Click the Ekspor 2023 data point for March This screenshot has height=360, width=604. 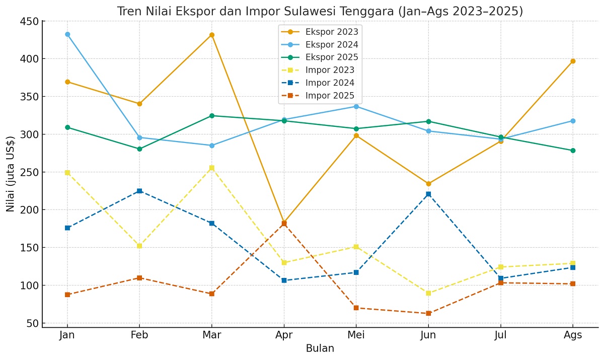(x=212, y=35)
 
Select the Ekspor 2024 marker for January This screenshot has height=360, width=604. (x=67, y=34)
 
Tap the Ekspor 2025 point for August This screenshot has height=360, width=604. (x=573, y=151)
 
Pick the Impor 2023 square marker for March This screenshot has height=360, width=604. (x=212, y=168)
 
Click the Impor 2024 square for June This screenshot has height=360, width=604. (x=428, y=194)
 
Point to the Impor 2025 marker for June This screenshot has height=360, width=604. (x=428, y=313)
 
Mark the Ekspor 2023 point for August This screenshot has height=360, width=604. (x=573, y=61)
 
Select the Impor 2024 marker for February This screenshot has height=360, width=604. (x=139, y=191)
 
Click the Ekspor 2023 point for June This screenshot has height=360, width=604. (x=428, y=184)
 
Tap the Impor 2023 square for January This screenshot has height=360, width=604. (x=67, y=173)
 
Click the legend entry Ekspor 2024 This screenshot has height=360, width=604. (x=332, y=44)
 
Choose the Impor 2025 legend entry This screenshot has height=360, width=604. (x=330, y=96)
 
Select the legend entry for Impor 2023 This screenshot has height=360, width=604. (x=330, y=70)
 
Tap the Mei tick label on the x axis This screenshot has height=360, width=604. (x=356, y=335)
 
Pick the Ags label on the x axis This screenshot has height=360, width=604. (x=573, y=335)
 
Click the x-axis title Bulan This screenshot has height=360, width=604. (x=320, y=348)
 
